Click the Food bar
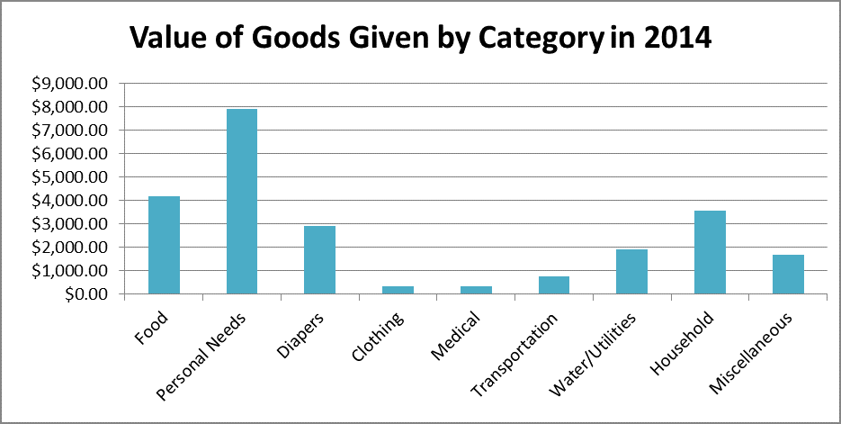(165, 245)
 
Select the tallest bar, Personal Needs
(242, 201)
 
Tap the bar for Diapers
(319, 259)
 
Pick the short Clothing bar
(398, 290)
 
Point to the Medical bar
(476, 290)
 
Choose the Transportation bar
(554, 284)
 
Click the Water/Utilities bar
(631, 271)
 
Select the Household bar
(710, 252)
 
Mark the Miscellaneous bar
(788, 274)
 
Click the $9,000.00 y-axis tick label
(69, 84)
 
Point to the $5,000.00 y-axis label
(69, 177)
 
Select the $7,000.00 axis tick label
(69, 131)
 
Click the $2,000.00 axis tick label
(69, 248)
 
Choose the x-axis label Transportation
(515, 352)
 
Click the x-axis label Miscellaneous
(752, 353)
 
